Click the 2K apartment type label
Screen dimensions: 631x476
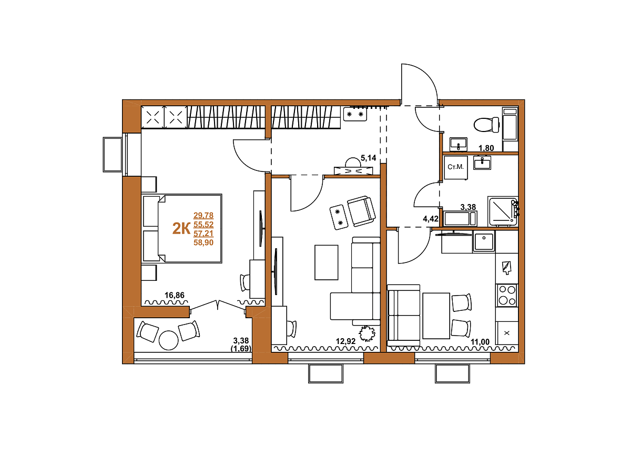click(181, 229)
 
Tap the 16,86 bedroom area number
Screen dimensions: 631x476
click(174, 295)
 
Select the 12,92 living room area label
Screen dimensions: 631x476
click(345, 341)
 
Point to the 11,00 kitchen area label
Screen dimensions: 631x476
click(480, 341)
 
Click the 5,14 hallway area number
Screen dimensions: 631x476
click(368, 158)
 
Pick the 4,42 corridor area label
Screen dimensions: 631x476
click(430, 219)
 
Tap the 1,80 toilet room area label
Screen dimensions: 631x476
click(486, 148)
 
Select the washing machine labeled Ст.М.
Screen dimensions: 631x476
click(456, 167)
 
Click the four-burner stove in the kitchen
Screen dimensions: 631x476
click(507, 295)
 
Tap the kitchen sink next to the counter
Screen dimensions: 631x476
click(484, 241)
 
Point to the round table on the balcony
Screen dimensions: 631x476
click(168, 340)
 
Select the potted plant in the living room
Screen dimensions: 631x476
click(367, 333)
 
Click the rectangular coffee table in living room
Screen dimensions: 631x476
click(327, 262)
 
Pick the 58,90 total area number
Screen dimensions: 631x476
click(203, 242)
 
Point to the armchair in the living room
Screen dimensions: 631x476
click(361, 211)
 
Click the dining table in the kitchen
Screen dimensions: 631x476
click(436, 316)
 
